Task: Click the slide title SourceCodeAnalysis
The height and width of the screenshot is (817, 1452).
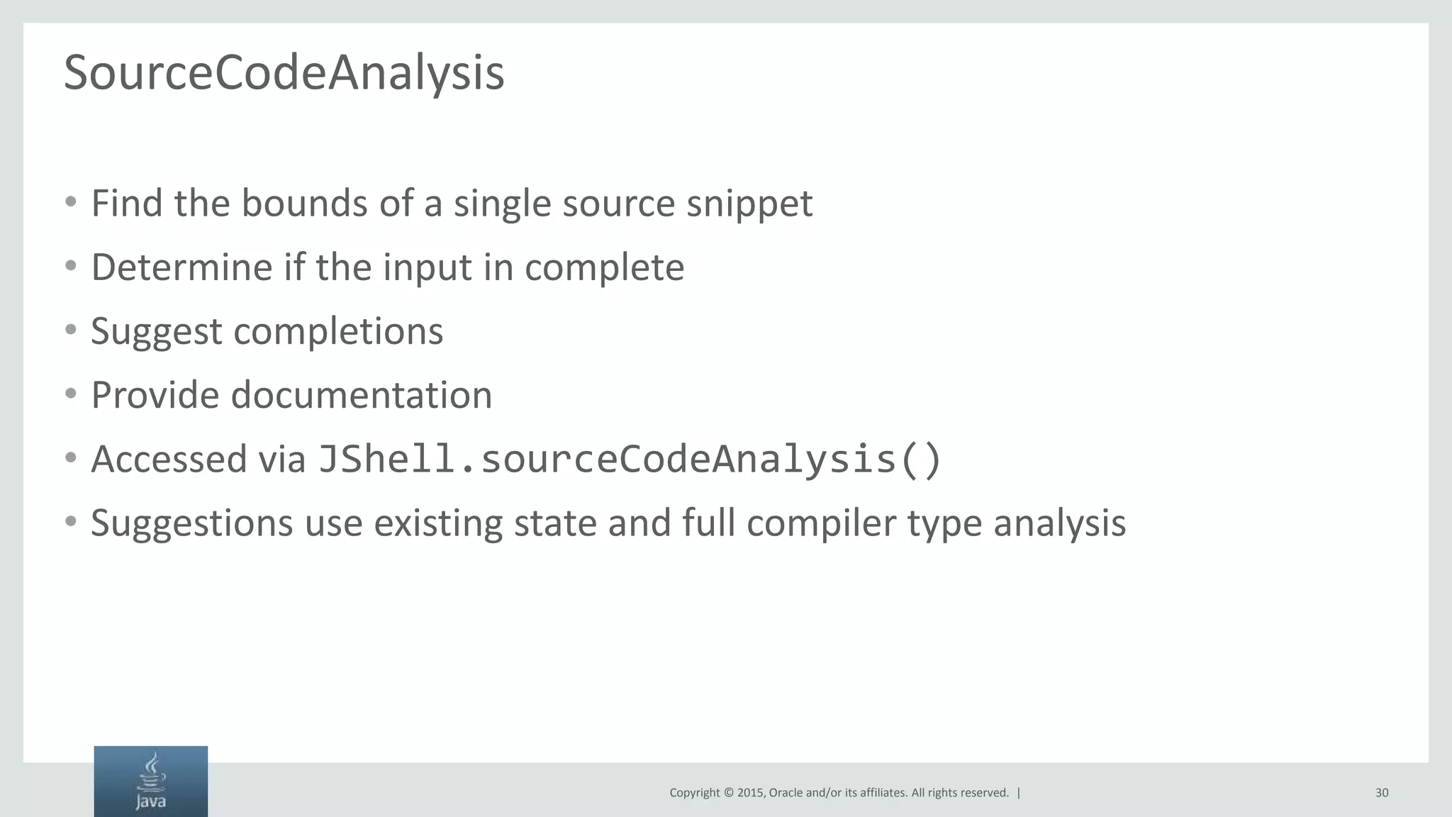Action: [x=284, y=73]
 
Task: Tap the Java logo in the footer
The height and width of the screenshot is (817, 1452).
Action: [x=151, y=781]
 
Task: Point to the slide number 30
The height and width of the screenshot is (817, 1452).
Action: [x=1382, y=793]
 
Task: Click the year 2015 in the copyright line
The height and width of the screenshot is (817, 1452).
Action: [x=750, y=793]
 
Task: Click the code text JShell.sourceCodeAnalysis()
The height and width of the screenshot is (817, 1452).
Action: [x=630, y=459]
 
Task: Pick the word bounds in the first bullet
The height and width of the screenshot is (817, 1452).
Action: [x=304, y=204]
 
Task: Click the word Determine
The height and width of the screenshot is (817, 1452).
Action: [x=181, y=267]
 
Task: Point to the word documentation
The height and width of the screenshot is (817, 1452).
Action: [x=362, y=395]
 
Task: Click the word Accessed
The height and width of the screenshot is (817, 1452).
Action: [x=169, y=460]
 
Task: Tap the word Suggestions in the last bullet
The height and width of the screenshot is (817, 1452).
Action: [x=191, y=524]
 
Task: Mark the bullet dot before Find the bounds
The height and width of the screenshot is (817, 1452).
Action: [x=70, y=202]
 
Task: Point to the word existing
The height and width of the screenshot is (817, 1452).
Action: [x=438, y=524]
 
